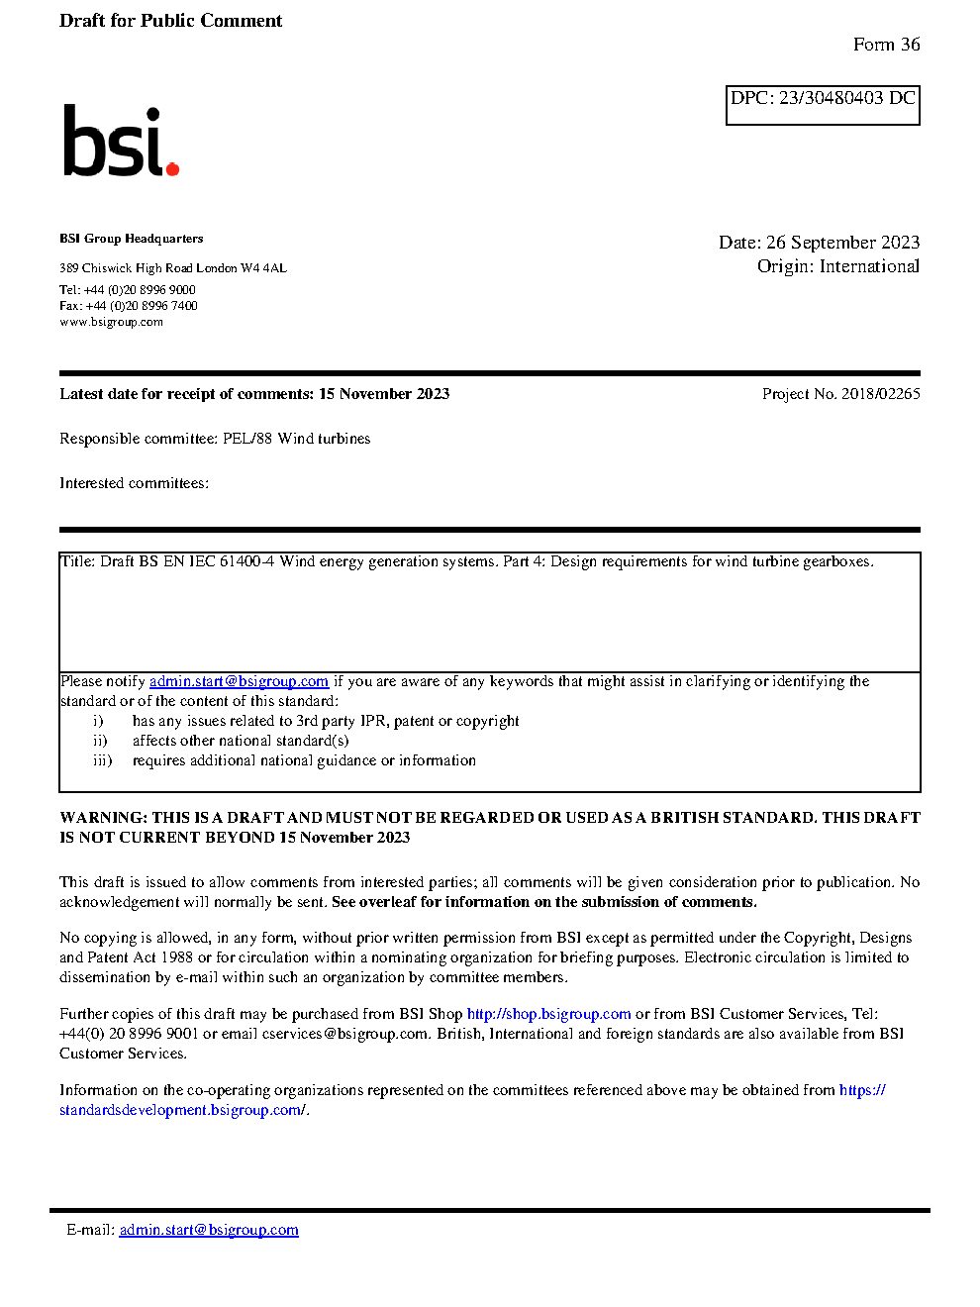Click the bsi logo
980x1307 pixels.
click(x=120, y=142)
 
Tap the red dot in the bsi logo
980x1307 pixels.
click(x=172, y=168)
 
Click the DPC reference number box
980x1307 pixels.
click(x=823, y=105)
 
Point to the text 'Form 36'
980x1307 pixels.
click(x=886, y=45)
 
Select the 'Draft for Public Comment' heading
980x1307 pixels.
click(x=170, y=21)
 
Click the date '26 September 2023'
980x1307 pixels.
click(x=842, y=243)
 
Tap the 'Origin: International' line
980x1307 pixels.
click(x=837, y=266)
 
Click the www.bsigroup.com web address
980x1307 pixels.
click(x=111, y=322)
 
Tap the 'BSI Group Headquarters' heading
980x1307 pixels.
click(x=131, y=239)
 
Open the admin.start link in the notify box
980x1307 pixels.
click(x=239, y=681)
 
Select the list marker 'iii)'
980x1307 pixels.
click(x=102, y=760)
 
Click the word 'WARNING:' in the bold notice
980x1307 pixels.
click(x=103, y=818)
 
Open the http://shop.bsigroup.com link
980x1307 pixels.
click(x=548, y=1014)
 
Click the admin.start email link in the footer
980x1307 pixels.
click(x=209, y=1230)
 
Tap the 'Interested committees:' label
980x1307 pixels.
click(x=134, y=483)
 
